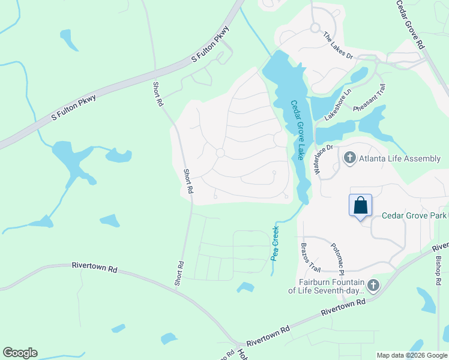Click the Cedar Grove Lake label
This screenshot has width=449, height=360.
(x=298, y=130)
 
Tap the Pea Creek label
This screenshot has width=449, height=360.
(x=276, y=242)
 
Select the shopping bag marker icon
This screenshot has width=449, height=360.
(x=360, y=206)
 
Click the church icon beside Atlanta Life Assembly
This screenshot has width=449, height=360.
(x=350, y=158)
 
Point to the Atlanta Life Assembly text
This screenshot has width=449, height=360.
(x=400, y=158)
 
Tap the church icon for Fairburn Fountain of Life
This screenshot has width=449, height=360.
(x=373, y=286)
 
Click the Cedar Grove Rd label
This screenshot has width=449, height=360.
(x=411, y=25)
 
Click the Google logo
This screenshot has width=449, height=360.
(x=20, y=353)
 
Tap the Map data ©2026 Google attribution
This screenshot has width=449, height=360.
(x=412, y=355)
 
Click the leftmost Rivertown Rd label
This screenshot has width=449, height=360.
(x=94, y=267)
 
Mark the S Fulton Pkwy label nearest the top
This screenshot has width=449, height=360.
(x=211, y=44)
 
